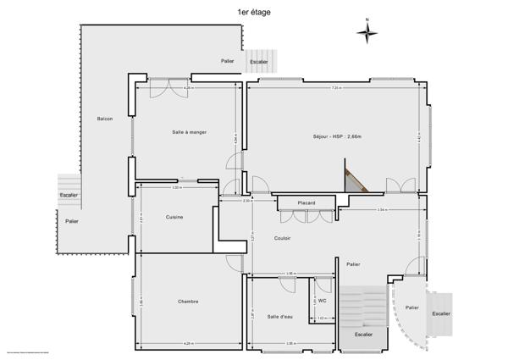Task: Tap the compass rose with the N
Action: (x=367, y=32)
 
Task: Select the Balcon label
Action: (x=105, y=119)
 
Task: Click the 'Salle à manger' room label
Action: (x=189, y=131)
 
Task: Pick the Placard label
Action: (x=306, y=203)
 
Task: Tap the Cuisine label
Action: (x=174, y=218)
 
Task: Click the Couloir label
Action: (x=283, y=238)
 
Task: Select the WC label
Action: (x=323, y=300)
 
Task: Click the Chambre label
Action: (x=188, y=301)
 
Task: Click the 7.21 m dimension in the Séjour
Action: (x=336, y=88)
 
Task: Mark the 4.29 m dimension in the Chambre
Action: (x=188, y=343)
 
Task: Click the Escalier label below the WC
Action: (x=362, y=334)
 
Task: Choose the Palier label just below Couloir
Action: (x=353, y=263)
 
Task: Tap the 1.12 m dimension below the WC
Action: (x=322, y=318)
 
